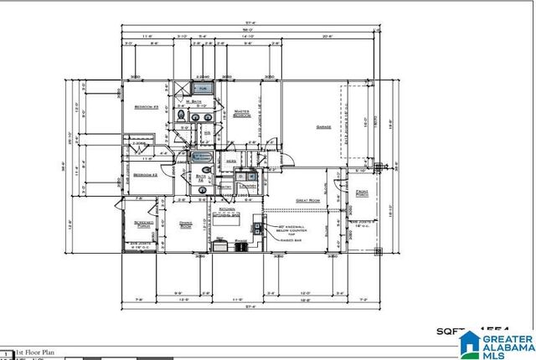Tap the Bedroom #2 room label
click(x=146, y=175)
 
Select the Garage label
click(x=323, y=127)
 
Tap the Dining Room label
click(x=186, y=224)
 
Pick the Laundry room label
click(x=248, y=186)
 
